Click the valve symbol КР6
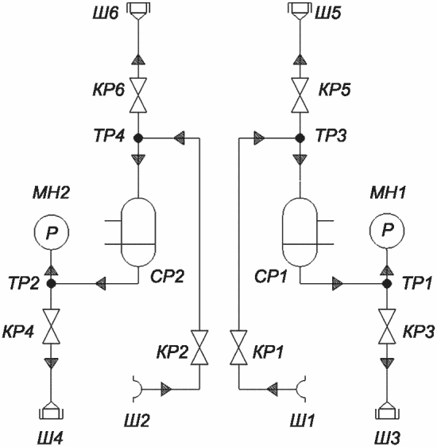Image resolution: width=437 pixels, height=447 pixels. pos(138,95)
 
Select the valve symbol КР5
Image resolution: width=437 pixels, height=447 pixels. pos(300,95)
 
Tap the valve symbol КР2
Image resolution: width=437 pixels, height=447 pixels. pos(199,348)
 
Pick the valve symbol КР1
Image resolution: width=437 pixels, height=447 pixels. pos(238,348)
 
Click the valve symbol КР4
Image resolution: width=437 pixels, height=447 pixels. pos(51,326)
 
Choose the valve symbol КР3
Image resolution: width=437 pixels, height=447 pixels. pos(387,326)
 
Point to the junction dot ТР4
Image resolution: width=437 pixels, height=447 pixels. pos(138,138)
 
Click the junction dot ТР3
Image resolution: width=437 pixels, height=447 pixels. pos(300,138)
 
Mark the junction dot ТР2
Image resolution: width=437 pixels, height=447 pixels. pos(51,284)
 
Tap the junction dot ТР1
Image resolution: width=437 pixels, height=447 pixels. pos(387,284)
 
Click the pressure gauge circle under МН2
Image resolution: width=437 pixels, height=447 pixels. pos(51,232)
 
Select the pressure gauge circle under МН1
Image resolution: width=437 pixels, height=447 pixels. pos(387,230)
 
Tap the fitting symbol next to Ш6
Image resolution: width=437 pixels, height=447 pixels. pos(138,11)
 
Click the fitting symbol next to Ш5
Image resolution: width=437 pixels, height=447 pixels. pos(300,11)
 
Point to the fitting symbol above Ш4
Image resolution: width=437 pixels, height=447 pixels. pos(51,410)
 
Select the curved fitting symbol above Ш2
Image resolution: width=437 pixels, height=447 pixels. pos(137,389)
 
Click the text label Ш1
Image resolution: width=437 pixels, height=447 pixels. pos(303,421)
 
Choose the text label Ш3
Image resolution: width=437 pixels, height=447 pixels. pos(387,437)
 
